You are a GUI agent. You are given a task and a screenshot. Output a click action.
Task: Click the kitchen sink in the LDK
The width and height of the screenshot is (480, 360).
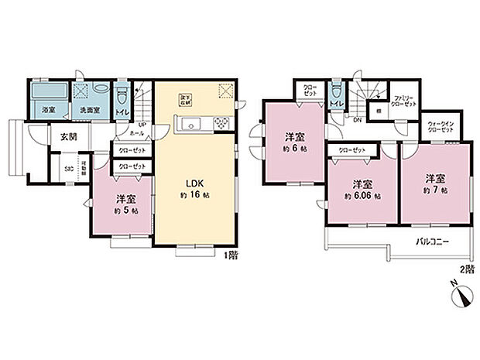point(190,125)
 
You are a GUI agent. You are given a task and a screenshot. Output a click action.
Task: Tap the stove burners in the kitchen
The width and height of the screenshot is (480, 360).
point(220,124)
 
